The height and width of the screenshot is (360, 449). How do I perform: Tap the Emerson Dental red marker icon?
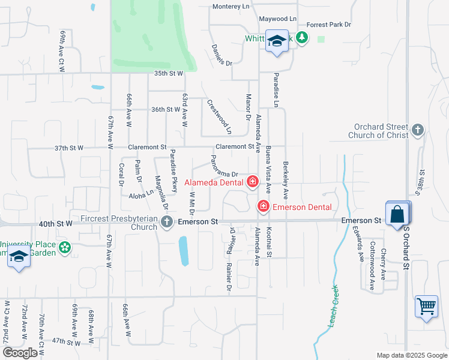click(263, 207)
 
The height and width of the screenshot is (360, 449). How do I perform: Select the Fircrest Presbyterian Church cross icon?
click(167, 222)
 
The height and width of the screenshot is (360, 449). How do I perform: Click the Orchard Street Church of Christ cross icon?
click(418, 130)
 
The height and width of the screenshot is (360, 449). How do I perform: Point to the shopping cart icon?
click(426, 306)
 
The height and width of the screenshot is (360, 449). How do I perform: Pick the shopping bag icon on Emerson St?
click(397, 214)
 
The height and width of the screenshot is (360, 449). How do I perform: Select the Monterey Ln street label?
click(231, 7)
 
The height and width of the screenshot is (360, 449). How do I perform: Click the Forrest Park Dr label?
click(328, 25)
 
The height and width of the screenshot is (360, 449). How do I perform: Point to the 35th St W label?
click(167, 73)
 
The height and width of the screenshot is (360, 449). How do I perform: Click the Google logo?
click(20, 353)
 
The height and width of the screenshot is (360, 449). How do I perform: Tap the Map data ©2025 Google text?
click(411, 355)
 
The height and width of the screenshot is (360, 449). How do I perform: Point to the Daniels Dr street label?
click(221, 54)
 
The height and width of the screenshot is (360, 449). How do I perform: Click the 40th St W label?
click(55, 223)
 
